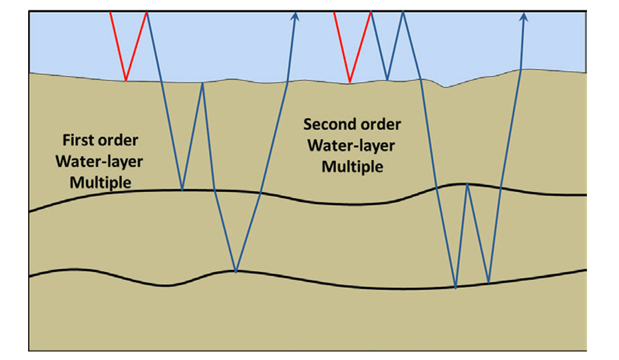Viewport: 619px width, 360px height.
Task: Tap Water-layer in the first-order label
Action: pos(98,161)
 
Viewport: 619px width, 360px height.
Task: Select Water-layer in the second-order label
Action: pos(351,145)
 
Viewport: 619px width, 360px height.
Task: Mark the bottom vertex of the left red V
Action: pos(125,80)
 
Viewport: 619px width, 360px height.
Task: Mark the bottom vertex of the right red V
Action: pos(349,83)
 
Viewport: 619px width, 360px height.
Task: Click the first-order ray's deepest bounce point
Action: pos(236,272)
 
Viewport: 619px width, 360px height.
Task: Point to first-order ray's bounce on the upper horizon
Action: pos(182,190)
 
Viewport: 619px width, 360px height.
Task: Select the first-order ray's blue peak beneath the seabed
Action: pos(202,84)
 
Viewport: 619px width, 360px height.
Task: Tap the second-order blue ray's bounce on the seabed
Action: pos(387,80)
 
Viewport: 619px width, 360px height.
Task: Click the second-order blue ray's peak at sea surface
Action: pos(403,12)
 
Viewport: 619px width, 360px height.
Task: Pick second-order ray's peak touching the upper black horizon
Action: pos(467,183)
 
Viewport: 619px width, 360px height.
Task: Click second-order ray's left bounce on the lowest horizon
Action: pos(455,288)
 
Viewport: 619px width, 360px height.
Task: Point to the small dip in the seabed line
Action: pos(446,87)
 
